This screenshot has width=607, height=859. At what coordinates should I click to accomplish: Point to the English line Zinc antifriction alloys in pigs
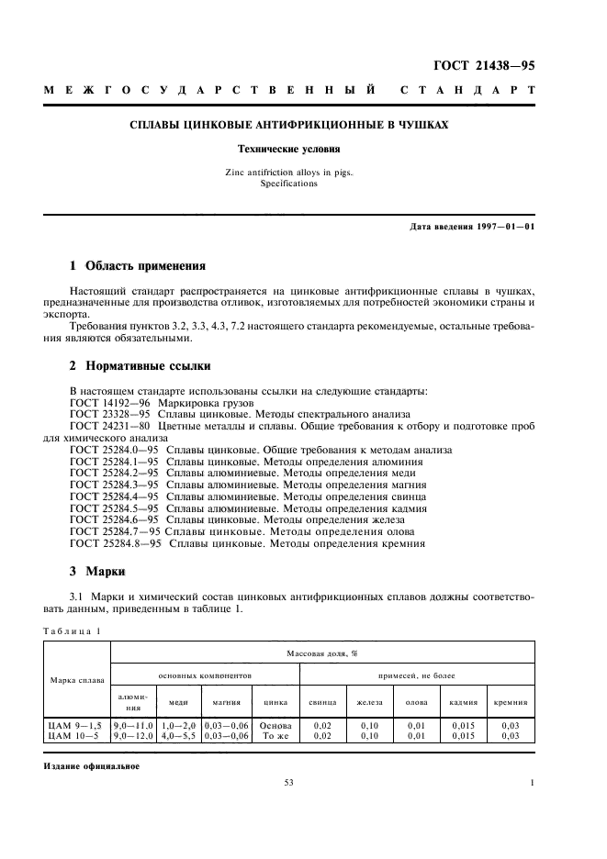tap(289, 172)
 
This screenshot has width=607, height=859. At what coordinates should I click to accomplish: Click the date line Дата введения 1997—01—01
tap(471, 226)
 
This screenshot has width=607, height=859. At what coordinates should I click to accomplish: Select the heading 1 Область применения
tap(138, 266)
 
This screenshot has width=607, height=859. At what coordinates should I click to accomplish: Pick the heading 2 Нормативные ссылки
tap(141, 365)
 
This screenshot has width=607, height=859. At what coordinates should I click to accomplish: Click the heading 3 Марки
tap(91, 569)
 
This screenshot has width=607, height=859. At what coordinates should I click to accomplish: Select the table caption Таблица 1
tap(73, 630)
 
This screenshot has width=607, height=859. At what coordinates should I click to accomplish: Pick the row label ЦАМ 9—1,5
tap(74, 726)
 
